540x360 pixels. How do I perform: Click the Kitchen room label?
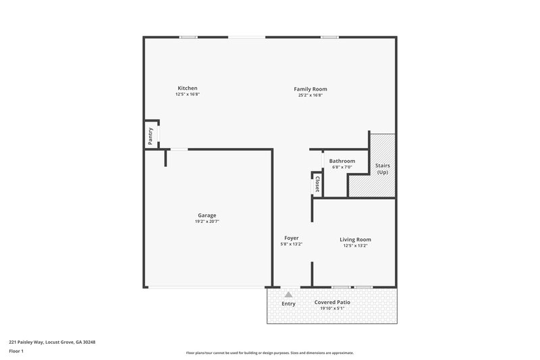coord(187,88)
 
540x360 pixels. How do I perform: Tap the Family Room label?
coord(310,88)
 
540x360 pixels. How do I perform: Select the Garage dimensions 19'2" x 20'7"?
coord(207,222)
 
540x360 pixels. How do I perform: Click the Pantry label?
coord(151,136)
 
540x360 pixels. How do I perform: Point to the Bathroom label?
coord(342,161)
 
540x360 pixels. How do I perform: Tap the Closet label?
coord(317,184)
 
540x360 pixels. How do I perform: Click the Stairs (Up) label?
coord(382,169)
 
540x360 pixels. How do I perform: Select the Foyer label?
coord(292,238)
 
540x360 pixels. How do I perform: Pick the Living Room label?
coord(355,239)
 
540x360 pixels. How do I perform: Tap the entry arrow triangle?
coord(288,294)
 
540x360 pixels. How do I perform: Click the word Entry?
coord(288,303)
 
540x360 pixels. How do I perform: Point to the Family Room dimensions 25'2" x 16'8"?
coord(310,95)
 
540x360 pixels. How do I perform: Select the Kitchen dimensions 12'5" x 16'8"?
coord(187,95)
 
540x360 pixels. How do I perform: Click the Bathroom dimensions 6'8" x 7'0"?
coord(342,168)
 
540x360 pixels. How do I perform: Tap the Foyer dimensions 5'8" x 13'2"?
coord(292,245)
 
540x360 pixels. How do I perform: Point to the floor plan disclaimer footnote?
coord(269,353)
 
